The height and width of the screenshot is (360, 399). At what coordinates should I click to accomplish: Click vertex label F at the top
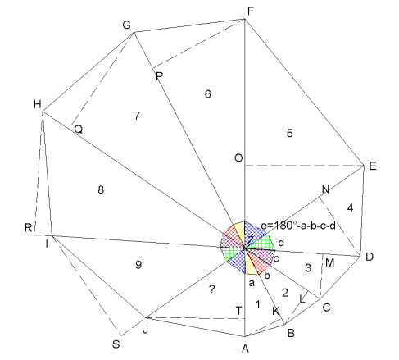(251, 11)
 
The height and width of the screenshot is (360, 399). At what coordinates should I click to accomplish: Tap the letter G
(126, 25)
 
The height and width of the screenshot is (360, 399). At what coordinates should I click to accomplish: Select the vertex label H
(38, 104)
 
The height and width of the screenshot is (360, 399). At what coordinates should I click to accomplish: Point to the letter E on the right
(373, 166)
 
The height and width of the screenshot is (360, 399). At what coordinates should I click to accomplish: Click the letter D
(370, 257)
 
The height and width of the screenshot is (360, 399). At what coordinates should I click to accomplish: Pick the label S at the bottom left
(116, 344)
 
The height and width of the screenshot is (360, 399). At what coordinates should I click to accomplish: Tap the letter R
(29, 227)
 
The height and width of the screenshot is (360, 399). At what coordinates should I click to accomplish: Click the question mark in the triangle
(212, 289)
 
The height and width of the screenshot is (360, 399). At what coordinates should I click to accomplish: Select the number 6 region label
(208, 94)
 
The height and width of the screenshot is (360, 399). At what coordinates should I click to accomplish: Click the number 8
(101, 189)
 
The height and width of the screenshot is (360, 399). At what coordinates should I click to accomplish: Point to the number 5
(290, 134)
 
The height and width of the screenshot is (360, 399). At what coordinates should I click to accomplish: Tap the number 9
(138, 265)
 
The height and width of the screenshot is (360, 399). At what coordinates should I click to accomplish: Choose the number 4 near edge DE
(350, 208)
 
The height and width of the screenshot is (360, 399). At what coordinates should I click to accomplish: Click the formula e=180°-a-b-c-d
(298, 226)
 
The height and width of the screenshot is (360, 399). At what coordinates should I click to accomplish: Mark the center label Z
(250, 241)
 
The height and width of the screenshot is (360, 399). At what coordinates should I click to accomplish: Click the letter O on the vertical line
(238, 158)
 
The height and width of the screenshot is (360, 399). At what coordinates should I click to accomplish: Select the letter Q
(79, 130)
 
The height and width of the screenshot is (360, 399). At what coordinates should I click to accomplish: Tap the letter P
(159, 75)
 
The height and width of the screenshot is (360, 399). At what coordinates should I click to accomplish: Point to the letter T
(238, 311)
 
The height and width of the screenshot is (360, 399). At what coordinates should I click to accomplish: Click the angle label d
(281, 243)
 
